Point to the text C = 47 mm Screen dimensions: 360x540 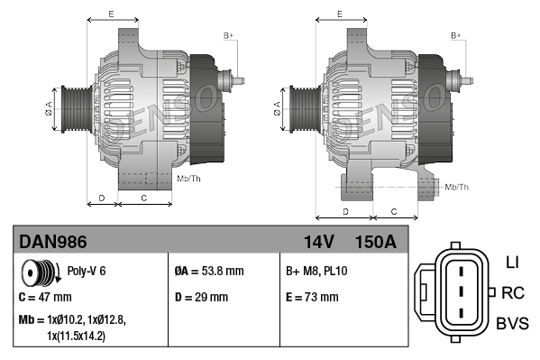(45, 297)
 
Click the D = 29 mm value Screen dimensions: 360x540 (201, 297)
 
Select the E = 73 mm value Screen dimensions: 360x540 (312, 297)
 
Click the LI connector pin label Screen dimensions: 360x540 (512, 263)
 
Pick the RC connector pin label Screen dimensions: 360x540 (512, 292)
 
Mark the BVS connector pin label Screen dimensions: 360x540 (511, 323)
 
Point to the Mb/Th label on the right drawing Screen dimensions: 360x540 (457, 187)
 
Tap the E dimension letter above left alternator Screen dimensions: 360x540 (111, 14)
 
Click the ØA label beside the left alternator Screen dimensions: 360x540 (50, 109)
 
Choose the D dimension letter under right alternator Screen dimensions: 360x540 (345, 211)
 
